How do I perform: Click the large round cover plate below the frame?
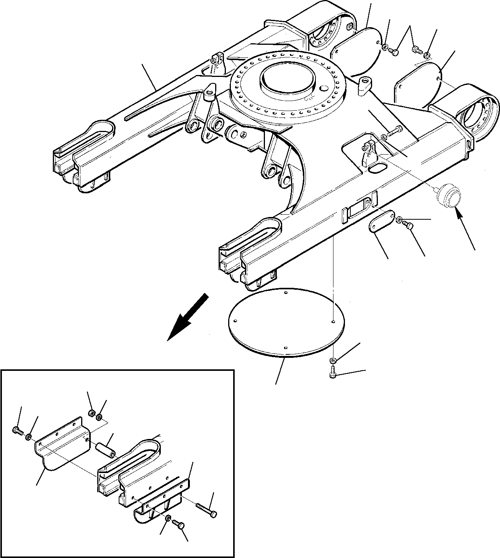click(285, 323)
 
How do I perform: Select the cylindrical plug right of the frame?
click(448, 195)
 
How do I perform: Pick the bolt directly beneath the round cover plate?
click(332, 372)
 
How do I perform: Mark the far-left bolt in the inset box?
click(17, 431)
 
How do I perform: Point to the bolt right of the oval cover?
click(408, 226)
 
